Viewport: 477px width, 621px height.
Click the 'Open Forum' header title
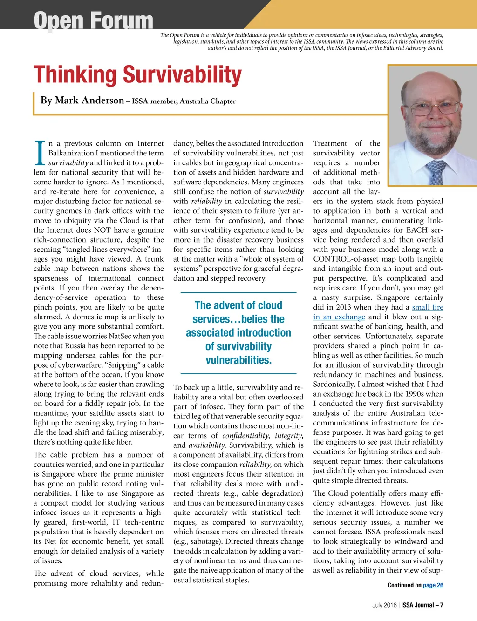pyautogui.click(x=93, y=21)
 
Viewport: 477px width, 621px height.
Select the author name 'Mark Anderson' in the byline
pyautogui.click(x=89, y=100)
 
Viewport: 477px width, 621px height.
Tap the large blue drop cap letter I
pyautogui.click(x=40, y=153)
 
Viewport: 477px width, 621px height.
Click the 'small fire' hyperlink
pyautogui.click(x=427, y=307)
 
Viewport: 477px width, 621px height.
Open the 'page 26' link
pyautogui.click(x=433, y=585)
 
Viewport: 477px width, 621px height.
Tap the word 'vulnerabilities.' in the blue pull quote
pyautogui.click(x=238, y=360)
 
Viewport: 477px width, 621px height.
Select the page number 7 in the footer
pyautogui.click(x=441, y=605)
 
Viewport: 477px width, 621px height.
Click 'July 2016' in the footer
pyautogui.click(x=384, y=605)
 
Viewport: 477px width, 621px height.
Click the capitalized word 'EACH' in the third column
pyautogui.click(x=418, y=230)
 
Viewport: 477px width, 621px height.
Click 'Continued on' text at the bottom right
pyautogui.click(x=404, y=585)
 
